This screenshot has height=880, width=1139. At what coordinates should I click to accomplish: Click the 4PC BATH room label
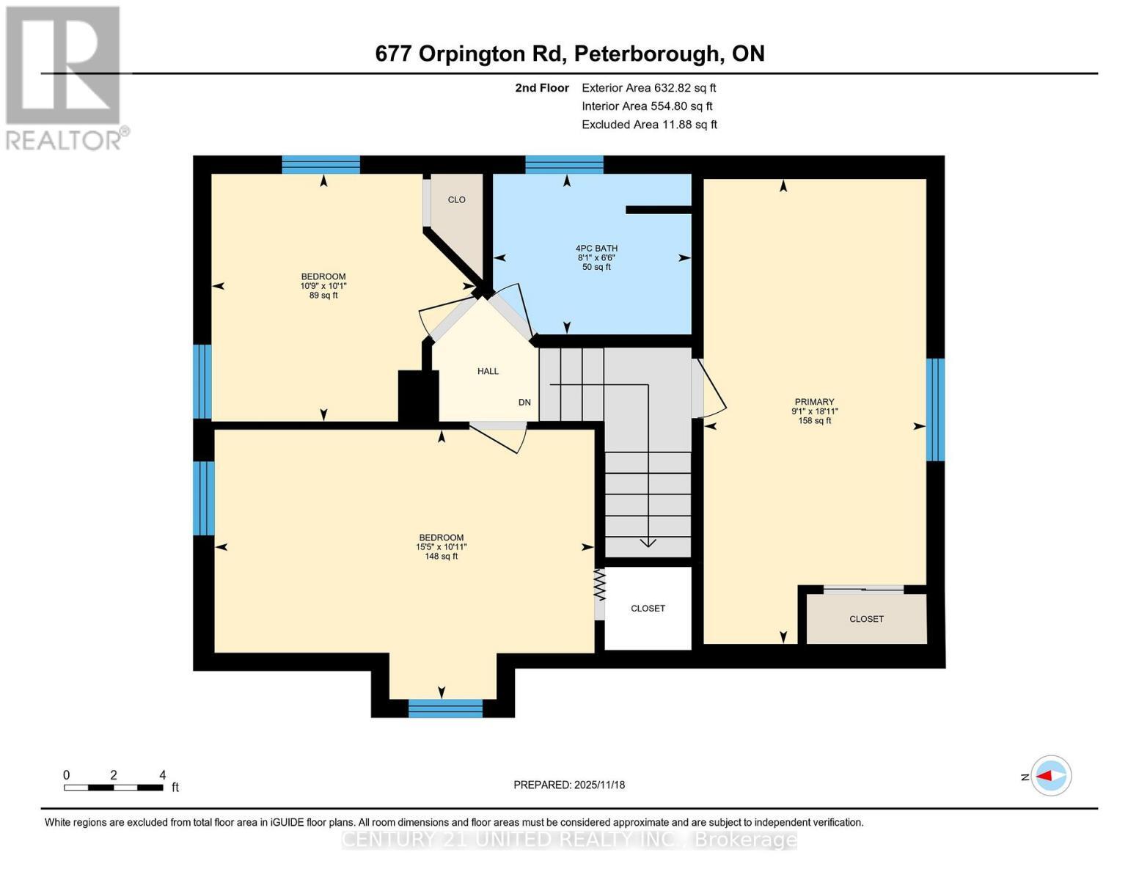click(596, 249)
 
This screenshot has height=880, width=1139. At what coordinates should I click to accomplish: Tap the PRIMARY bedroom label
click(814, 402)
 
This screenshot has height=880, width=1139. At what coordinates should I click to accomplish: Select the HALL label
click(488, 371)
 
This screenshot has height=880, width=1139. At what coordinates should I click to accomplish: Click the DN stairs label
click(524, 403)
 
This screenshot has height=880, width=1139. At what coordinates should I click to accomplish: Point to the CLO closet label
click(456, 200)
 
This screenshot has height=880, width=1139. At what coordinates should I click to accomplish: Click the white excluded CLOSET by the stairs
click(648, 609)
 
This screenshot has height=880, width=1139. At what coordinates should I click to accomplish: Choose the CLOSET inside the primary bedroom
click(866, 619)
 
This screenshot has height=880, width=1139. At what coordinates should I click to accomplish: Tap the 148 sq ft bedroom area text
click(441, 557)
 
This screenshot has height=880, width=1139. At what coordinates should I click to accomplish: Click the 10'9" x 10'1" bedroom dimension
click(323, 286)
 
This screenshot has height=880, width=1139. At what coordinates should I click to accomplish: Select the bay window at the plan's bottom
click(445, 708)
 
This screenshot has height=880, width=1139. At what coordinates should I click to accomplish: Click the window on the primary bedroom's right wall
click(935, 409)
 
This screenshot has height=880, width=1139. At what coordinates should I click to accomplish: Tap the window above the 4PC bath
click(564, 164)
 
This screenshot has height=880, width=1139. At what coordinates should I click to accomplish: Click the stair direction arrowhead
click(648, 543)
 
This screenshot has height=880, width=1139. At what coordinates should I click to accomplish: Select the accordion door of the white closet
click(599, 585)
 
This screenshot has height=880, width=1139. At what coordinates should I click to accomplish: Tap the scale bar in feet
click(114, 788)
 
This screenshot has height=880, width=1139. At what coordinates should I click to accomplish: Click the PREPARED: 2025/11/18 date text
click(569, 785)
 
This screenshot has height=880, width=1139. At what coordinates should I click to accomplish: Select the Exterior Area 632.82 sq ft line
click(648, 88)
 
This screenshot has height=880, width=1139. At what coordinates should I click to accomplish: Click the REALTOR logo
click(65, 78)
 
